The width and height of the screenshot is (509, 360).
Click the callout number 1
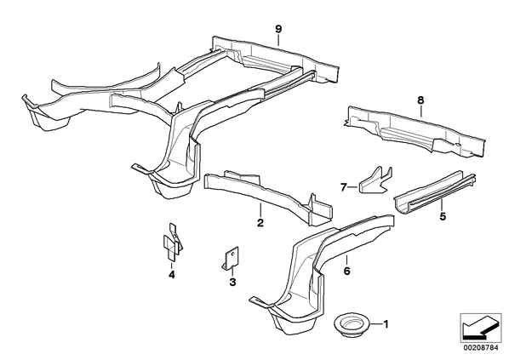[386, 324]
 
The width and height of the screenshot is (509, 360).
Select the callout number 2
[260, 223]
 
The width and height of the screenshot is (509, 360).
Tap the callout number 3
[232, 283]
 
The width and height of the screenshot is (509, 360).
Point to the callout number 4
[172, 275]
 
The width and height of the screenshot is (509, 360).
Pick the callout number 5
[443, 216]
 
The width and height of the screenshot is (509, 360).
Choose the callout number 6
[346, 271]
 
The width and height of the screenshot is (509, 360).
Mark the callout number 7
[344, 187]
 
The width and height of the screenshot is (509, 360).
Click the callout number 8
[420, 100]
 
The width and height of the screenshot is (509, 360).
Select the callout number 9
[278, 29]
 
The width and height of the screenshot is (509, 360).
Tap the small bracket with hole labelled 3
[231, 258]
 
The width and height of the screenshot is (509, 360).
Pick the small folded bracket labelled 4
[173, 241]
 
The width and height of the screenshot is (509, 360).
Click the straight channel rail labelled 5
[435, 193]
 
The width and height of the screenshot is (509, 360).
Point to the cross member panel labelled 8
[415, 131]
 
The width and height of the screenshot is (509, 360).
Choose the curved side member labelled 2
[268, 197]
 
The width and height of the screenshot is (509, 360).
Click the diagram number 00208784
[480, 348]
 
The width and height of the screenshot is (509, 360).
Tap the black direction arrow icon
[480, 328]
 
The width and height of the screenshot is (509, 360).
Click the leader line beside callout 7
[353, 187]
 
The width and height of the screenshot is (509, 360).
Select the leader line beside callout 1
[376, 324]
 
